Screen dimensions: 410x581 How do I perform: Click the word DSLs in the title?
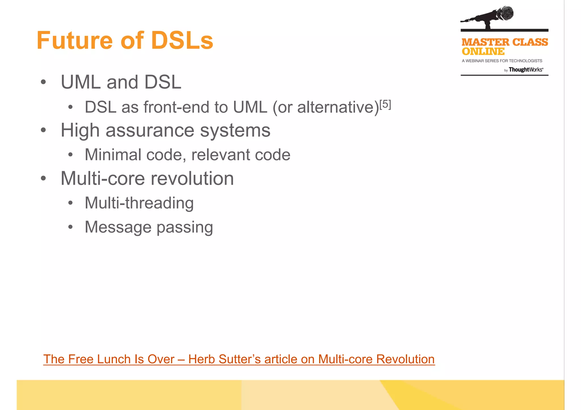click(182, 41)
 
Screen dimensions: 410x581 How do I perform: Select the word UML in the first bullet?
click(81, 82)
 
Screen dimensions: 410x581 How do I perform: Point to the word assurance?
click(150, 130)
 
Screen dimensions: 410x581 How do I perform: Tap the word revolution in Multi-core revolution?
click(192, 179)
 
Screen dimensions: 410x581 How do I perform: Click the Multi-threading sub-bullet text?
click(139, 203)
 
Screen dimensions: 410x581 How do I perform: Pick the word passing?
click(185, 227)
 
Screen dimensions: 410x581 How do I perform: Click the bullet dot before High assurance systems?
click(43, 130)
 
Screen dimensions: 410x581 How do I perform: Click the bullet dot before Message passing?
click(70, 227)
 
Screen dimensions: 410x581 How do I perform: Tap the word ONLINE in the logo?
click(483, 52)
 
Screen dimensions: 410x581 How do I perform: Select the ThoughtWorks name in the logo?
click(525, 70)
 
